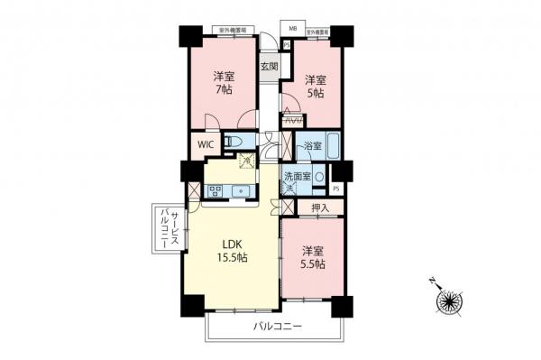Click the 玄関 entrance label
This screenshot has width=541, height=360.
point(269,66)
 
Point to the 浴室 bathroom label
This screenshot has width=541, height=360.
point(312,144)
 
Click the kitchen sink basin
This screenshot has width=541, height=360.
point(241,190)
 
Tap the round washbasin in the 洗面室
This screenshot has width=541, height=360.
point(320,177)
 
